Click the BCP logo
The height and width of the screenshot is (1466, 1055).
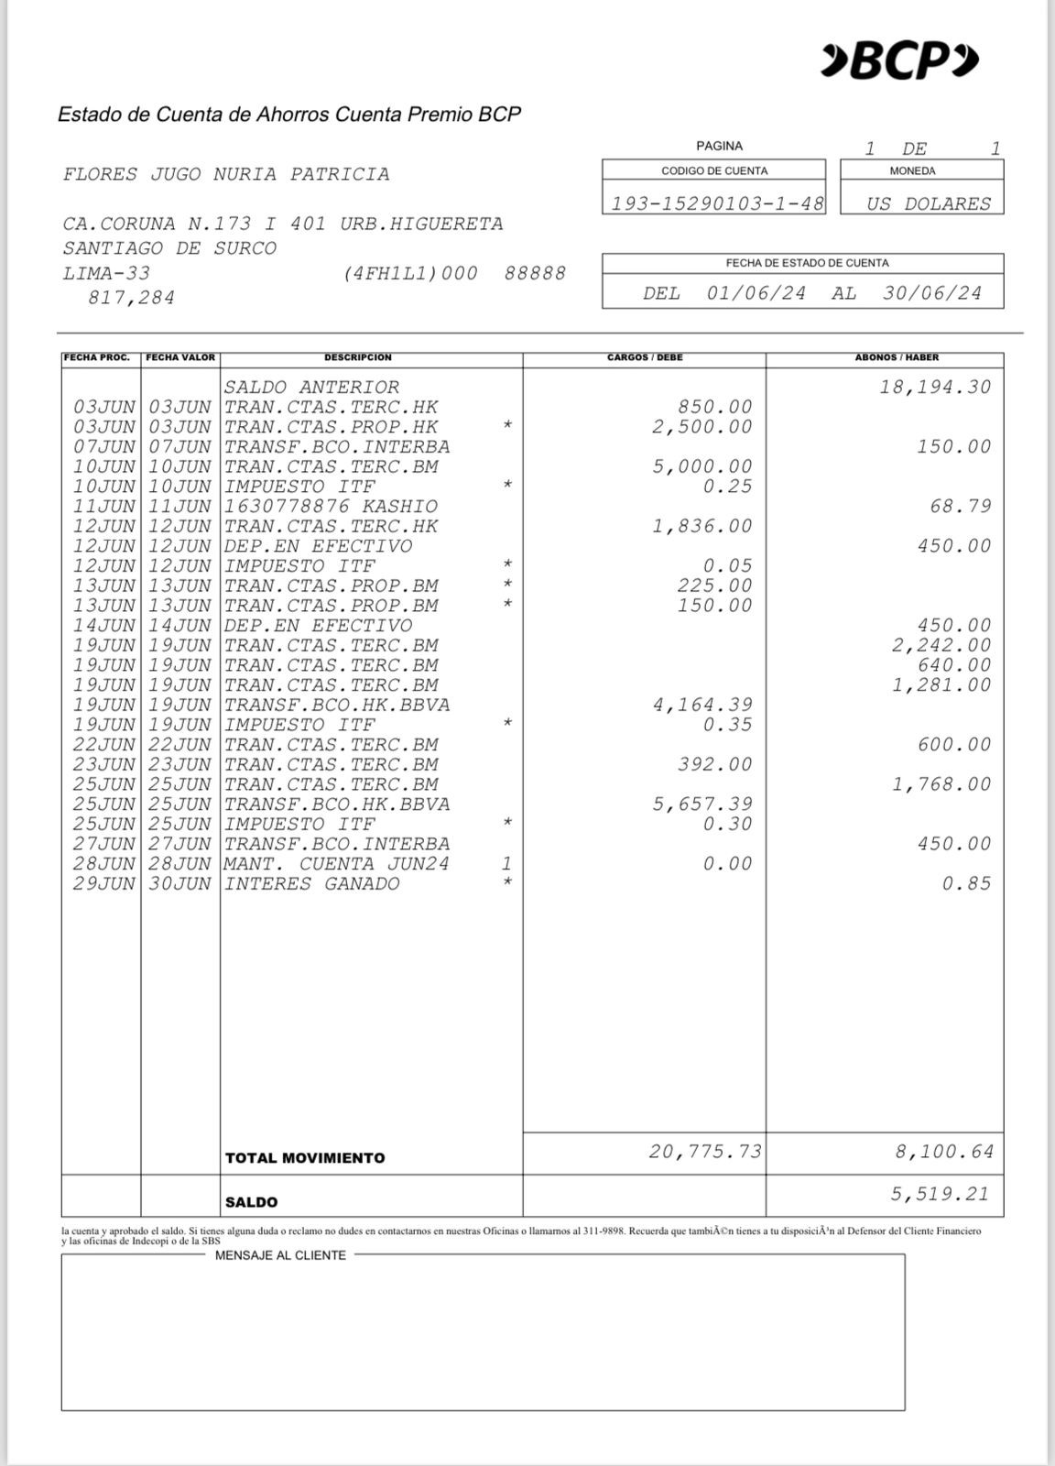click(899, 61)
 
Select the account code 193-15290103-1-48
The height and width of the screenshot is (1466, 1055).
click(717, 203)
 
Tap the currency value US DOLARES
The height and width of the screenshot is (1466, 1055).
click(929, 203)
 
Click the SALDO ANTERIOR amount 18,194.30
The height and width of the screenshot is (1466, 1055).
click(935, 387)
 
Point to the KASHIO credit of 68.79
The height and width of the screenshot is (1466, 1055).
click(961, 506)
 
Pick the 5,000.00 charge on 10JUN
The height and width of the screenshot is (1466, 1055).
click(702, 466)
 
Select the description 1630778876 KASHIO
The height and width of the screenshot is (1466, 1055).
click(331, 506)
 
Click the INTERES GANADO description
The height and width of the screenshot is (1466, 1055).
click(311, 883)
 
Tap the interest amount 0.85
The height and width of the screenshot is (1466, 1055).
click(966, 883)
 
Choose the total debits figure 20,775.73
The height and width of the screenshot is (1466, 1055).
click(704, 1151)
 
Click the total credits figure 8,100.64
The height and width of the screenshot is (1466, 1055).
click(943, 1151)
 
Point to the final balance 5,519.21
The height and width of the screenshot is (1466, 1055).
click(940, 1193)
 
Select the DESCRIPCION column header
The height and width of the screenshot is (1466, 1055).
click(357, 357)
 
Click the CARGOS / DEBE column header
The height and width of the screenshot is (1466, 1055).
click(645, 357)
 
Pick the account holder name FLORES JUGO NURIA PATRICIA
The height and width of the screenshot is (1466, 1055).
click(226, 174)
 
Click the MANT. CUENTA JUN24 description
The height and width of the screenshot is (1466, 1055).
click(336, 863)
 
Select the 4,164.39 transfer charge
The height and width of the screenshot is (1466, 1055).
click(702, 705)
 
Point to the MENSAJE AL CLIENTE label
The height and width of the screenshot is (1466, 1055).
click(280, 1255)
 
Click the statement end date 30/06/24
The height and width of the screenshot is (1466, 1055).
click(931, 293)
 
